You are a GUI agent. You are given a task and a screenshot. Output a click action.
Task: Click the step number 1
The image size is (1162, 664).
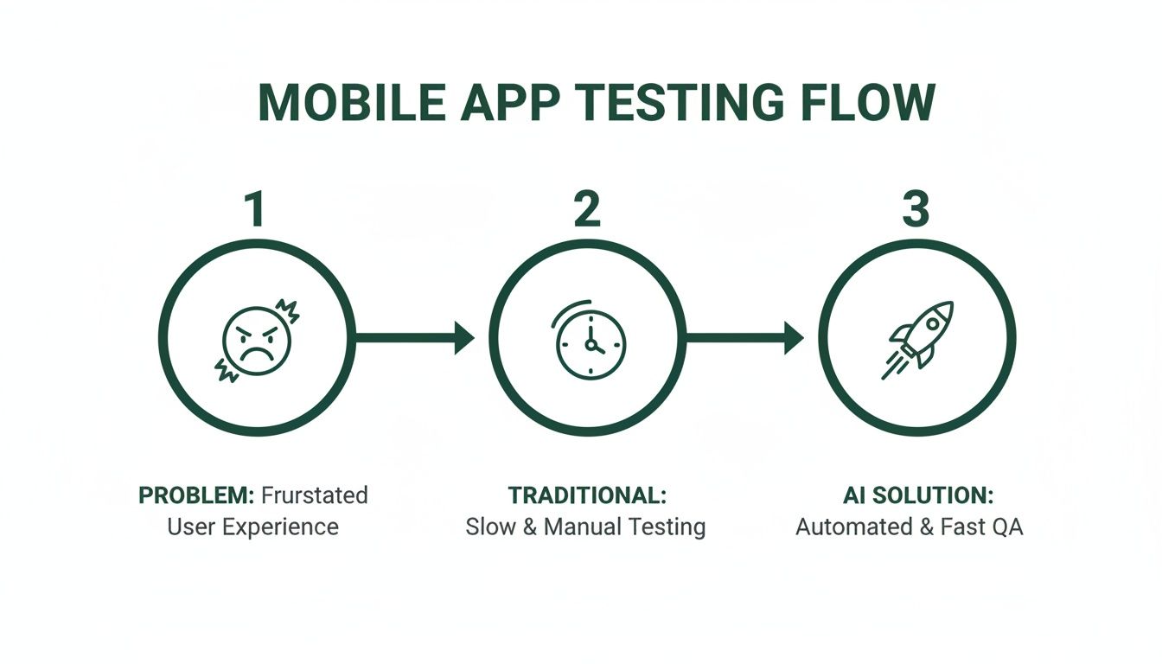[254, 210]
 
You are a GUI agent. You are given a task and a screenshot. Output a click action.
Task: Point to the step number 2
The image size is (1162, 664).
[587, 210]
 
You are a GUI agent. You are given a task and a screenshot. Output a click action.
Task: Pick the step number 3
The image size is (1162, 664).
[916, 210]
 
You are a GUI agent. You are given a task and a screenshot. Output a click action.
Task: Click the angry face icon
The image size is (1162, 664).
[257, 339]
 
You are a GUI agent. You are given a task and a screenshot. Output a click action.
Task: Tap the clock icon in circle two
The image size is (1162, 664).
[589, 342]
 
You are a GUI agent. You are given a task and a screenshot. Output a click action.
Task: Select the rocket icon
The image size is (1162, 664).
[918, 339]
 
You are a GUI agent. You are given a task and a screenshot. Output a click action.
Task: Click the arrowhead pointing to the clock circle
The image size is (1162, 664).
[464, 338]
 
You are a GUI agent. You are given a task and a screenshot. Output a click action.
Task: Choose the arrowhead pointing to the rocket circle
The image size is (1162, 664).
[794, 338]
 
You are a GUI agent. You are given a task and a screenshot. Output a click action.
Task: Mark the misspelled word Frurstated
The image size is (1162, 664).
[314, 495]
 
